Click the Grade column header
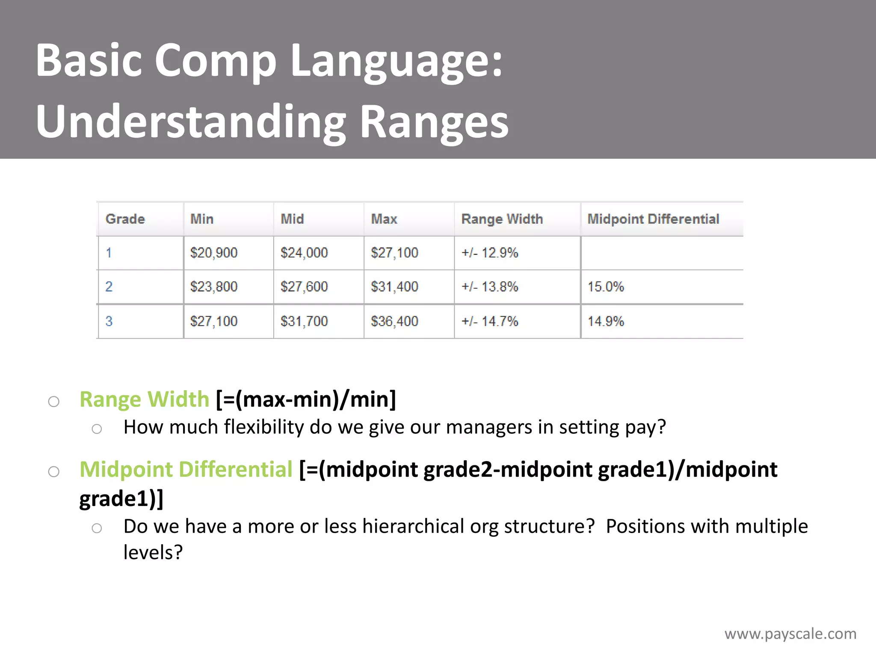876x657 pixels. tap(125, 219)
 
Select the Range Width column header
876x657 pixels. tap(502, 219)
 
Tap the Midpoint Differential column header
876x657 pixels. tap(653, 219)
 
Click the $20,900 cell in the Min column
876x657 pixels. tap(214, 253)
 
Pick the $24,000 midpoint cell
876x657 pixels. tap(304, 253)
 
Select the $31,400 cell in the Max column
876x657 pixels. tap(394, 287)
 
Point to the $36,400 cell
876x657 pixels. tap(394, 321)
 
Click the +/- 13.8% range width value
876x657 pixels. tap(489, 287)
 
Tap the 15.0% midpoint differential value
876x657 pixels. tap(606, 287)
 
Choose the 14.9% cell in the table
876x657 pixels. tap(606, 321)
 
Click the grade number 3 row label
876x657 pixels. tap(109, 321)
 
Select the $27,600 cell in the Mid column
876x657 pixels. tap(304, 287)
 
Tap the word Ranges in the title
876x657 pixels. tap(434, 122)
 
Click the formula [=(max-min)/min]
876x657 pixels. tap(306, 400)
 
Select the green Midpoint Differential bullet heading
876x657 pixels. tap(186, 470)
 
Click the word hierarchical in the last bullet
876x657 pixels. tap(413, 527)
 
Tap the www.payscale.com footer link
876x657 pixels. tap(790, 633)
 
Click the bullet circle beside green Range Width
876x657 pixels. tap(53, 402)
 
